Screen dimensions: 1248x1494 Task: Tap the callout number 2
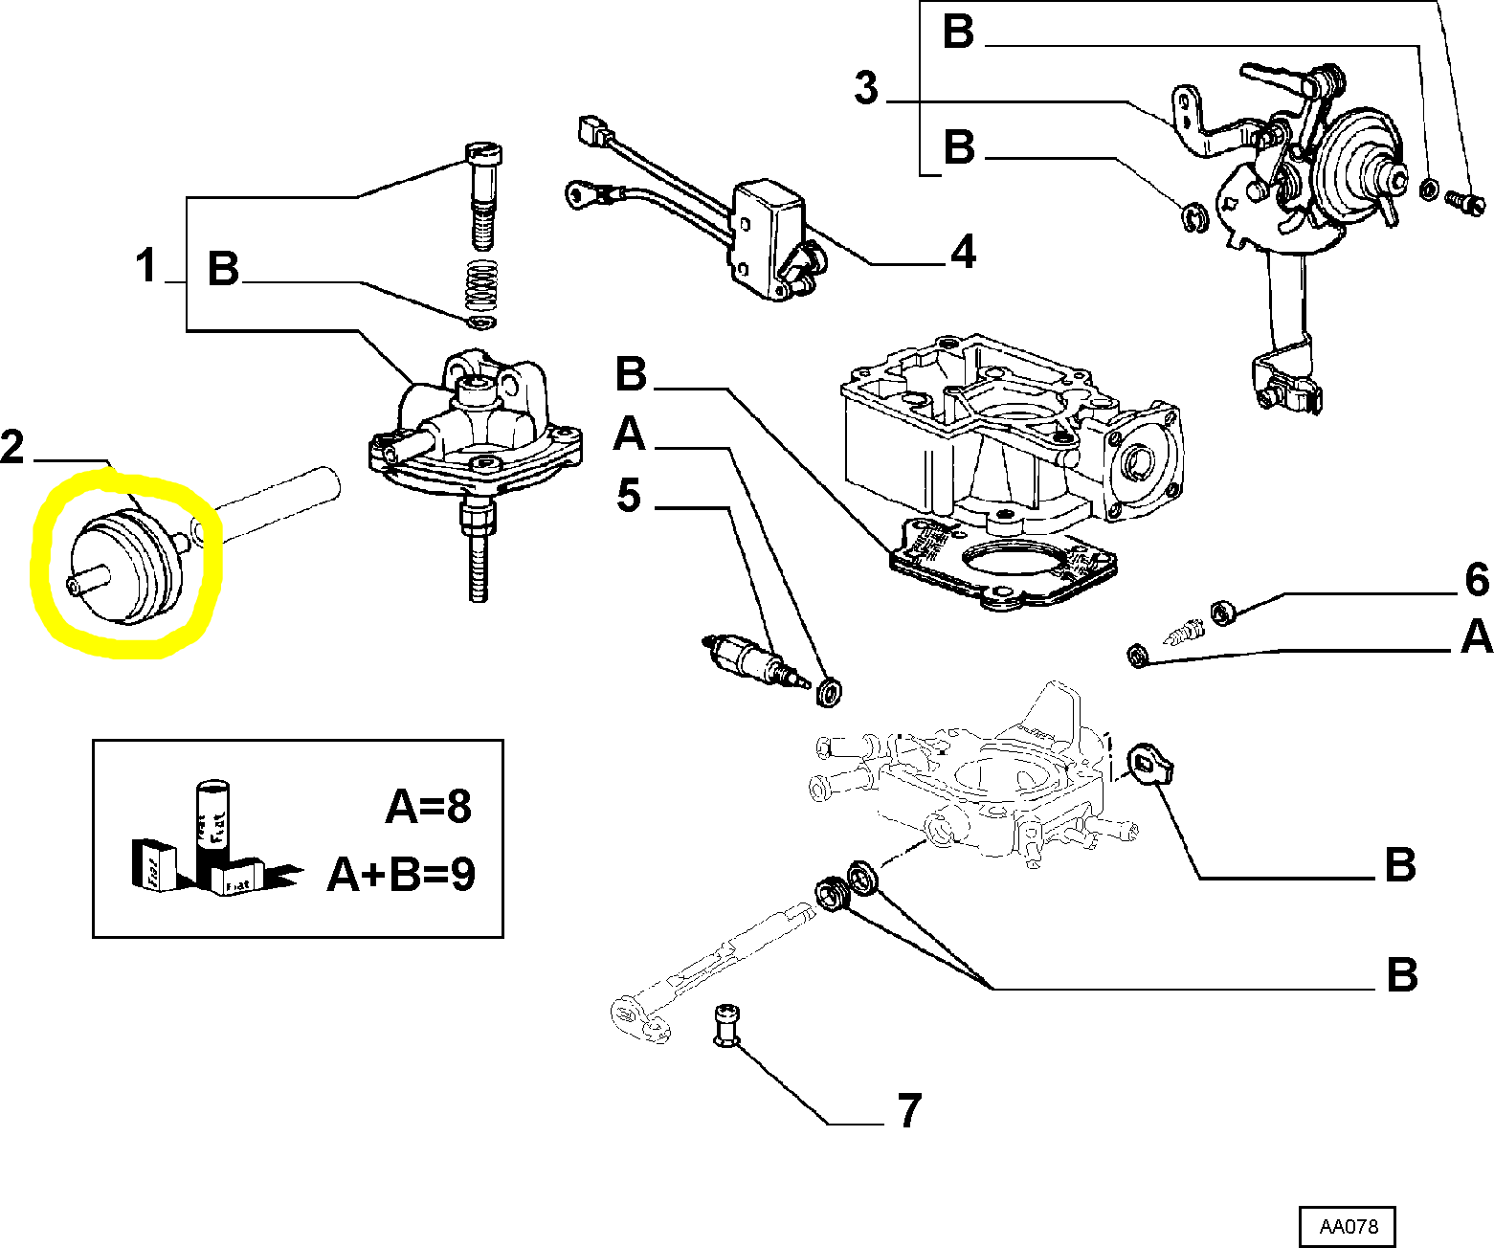pyautogui.click(x=12, y=448)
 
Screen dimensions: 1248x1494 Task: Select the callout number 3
pyautogui.click(x=866, y=88)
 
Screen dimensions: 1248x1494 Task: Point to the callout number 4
pyautogui.click(x=962, y=252)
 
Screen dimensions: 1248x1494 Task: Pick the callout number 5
pyautogui.click(x=628, y=496)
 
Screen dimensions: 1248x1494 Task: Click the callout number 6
pyautogui.click(x=1477, y=580)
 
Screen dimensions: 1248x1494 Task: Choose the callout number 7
pyautogui.click(x=908, y=1110)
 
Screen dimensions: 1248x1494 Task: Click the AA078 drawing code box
pyautogui.click(x=1347, y=1226)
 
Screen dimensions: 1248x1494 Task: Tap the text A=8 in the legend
pyautogui.click(x=429, y=807)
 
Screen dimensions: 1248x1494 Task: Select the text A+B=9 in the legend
pyautogui.click(x=401, y=874)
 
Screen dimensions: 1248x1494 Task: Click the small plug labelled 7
pyautogui.click(x=727, y=1026)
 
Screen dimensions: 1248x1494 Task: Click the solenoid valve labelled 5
pyautogui.click(x=750, y=659)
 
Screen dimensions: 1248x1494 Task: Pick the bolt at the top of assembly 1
pyautogui.click(x=484, y=182)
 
